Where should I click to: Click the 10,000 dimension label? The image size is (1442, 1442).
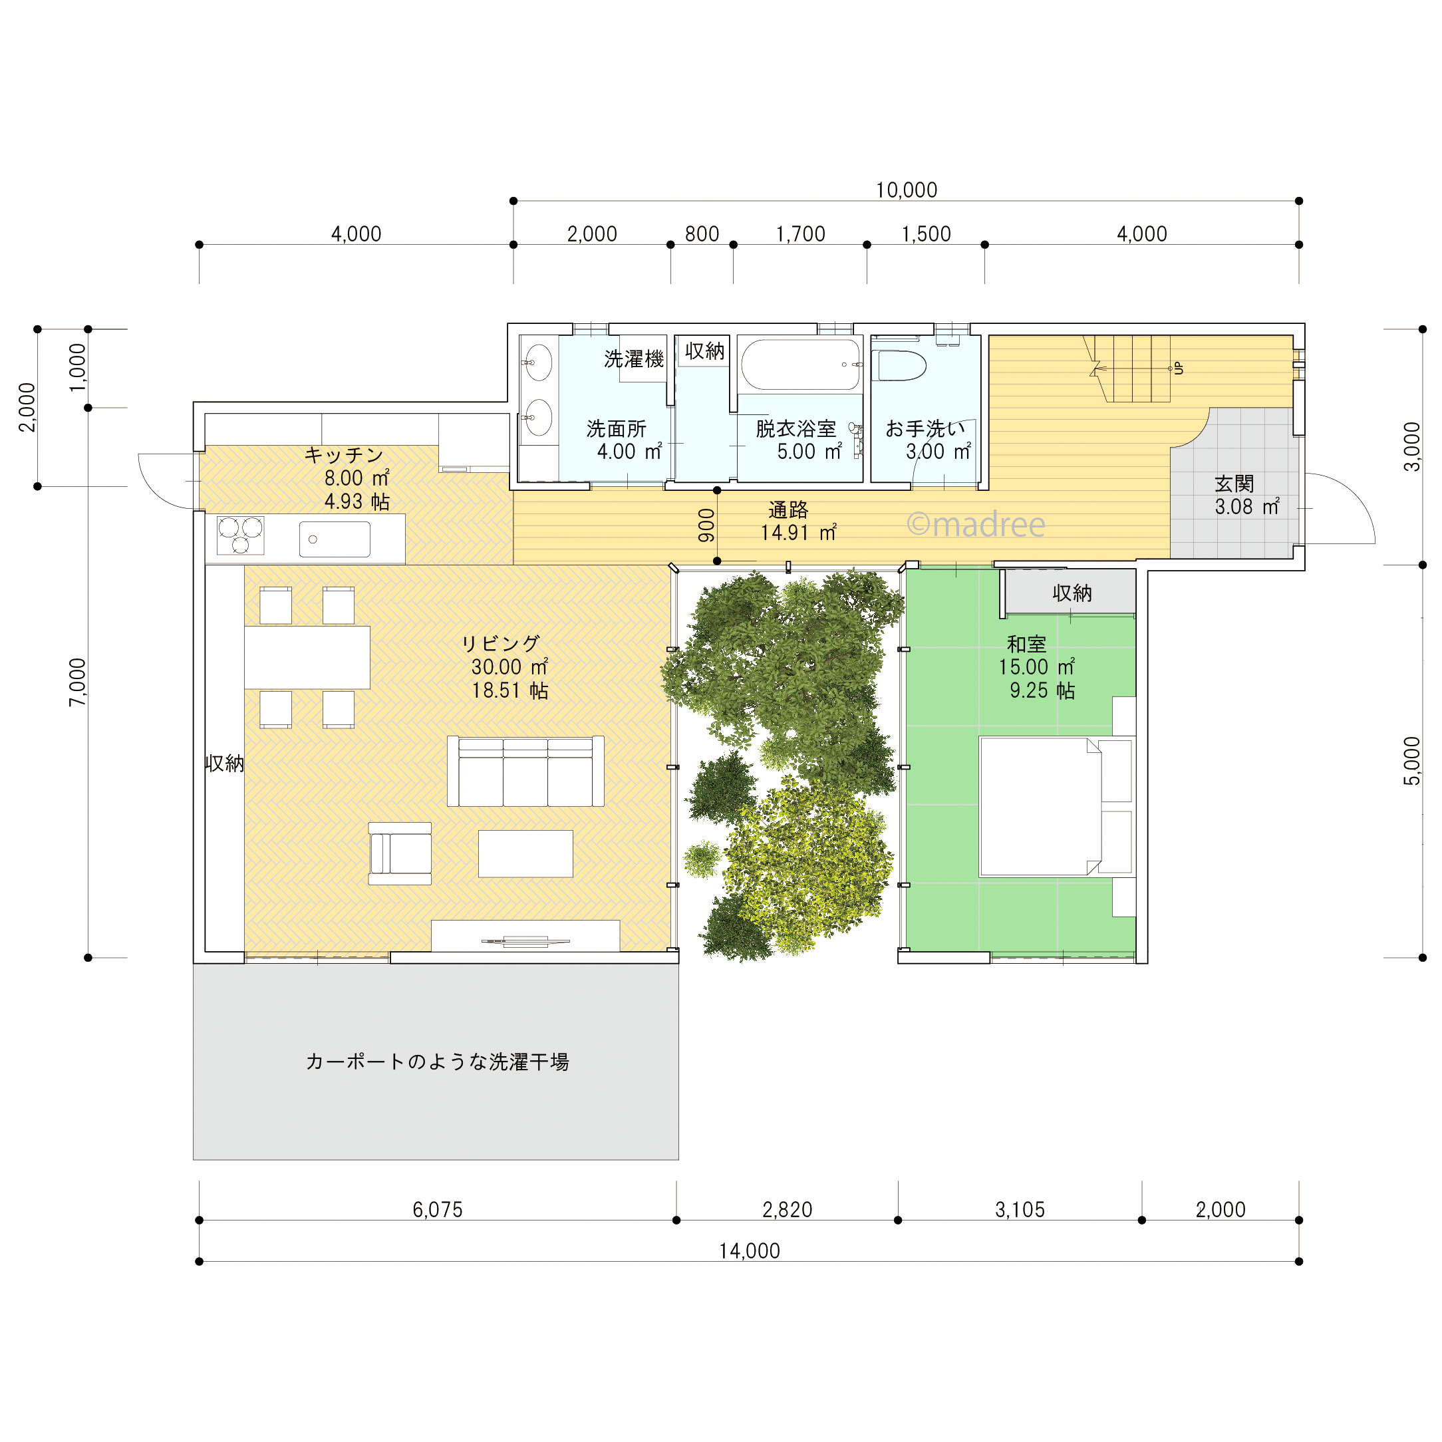(906, 190)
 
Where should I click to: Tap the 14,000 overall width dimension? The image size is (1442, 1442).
(750, 1251)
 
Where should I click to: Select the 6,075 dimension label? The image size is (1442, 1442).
(438, 1210)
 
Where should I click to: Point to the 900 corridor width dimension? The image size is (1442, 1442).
(706, 525)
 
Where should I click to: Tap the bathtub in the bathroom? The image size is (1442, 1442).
(800, 365)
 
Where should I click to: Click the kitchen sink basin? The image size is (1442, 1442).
(335, 539)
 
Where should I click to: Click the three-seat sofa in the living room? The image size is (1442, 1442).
(525, 771)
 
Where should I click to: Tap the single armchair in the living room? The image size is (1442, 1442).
(400, 853)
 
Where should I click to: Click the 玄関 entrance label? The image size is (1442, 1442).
(1234, 484)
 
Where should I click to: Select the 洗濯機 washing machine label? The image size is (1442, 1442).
(634, 359)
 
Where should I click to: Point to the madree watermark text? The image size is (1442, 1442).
(976, 524)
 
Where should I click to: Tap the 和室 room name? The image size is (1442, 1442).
(1026, 644)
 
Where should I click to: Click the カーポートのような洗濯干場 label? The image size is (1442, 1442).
(438, 1062)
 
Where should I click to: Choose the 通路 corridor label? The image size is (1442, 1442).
(788, 509)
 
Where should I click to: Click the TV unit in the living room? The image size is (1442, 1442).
(525, 936)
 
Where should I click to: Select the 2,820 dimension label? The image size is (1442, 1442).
(787, 1210)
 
